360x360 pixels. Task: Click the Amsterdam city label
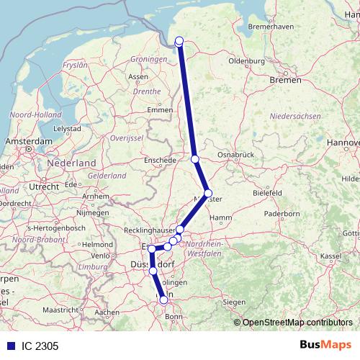28,142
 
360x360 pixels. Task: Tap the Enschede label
160,160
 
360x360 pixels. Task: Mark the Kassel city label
330,256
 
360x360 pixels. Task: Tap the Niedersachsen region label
294,116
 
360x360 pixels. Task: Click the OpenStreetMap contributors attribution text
297,323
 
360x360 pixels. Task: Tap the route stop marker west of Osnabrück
194,158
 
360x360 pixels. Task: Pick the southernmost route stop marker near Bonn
164,300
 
